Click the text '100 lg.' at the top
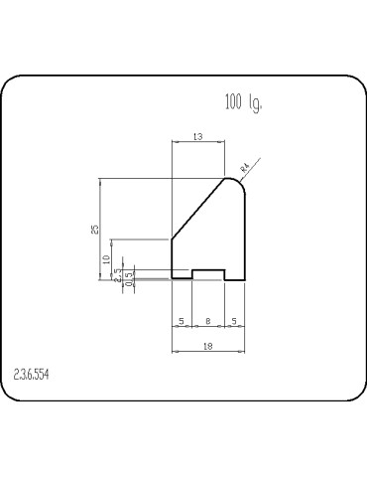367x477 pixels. [243, 101]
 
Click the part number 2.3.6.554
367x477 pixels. [34, 375]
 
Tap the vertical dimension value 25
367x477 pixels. [95, 229]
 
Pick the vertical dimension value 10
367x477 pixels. [106, 259]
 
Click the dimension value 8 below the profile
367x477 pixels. [207, 321]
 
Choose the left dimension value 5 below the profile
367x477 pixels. [182, 321]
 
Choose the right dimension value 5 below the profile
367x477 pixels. [232, 321]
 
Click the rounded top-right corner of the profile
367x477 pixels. [238, 182]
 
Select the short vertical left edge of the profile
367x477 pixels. [173, 259]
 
